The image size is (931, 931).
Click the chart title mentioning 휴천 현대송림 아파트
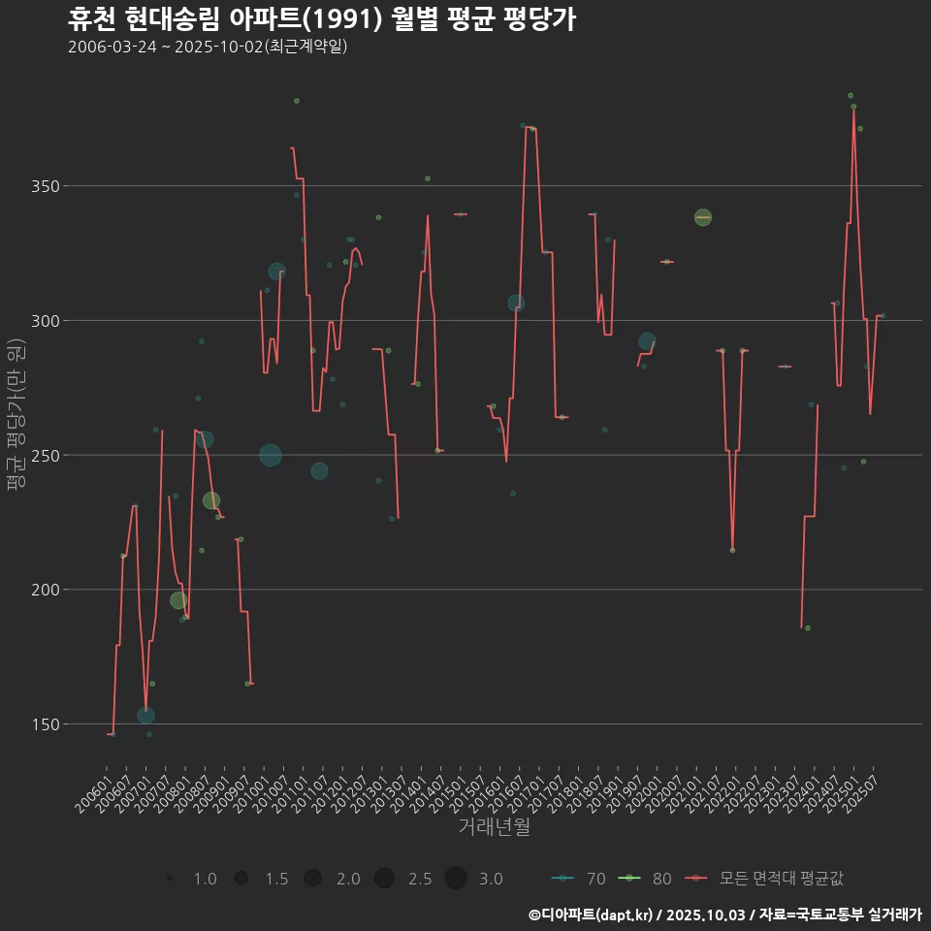click(322, 18)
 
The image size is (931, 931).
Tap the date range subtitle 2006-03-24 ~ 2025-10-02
click(208, 47)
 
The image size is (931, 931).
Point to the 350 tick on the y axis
click(36, 186)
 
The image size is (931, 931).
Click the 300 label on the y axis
click(36, 321)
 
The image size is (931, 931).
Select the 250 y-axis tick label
click(36, 455)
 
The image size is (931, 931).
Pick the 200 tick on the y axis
click(36, 590)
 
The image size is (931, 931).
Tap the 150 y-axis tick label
click(36, 724)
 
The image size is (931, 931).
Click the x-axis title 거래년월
click(494, 827)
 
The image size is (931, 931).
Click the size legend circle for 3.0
click(456, 879)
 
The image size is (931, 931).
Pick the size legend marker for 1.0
click(170, 879)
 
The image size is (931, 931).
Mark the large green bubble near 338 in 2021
click(703, 217)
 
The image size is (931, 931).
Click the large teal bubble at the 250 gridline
click(271, 455)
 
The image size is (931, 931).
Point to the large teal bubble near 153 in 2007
click(145, 716)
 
